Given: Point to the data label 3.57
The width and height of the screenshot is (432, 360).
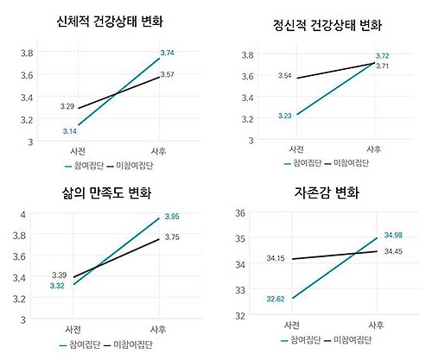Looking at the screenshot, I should click(x=168, y=75).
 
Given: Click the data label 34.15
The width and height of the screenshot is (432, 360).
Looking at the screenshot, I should click(x=276, y=257).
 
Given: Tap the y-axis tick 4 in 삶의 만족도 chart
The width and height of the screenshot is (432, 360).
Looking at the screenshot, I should click(x=24, y=213).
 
